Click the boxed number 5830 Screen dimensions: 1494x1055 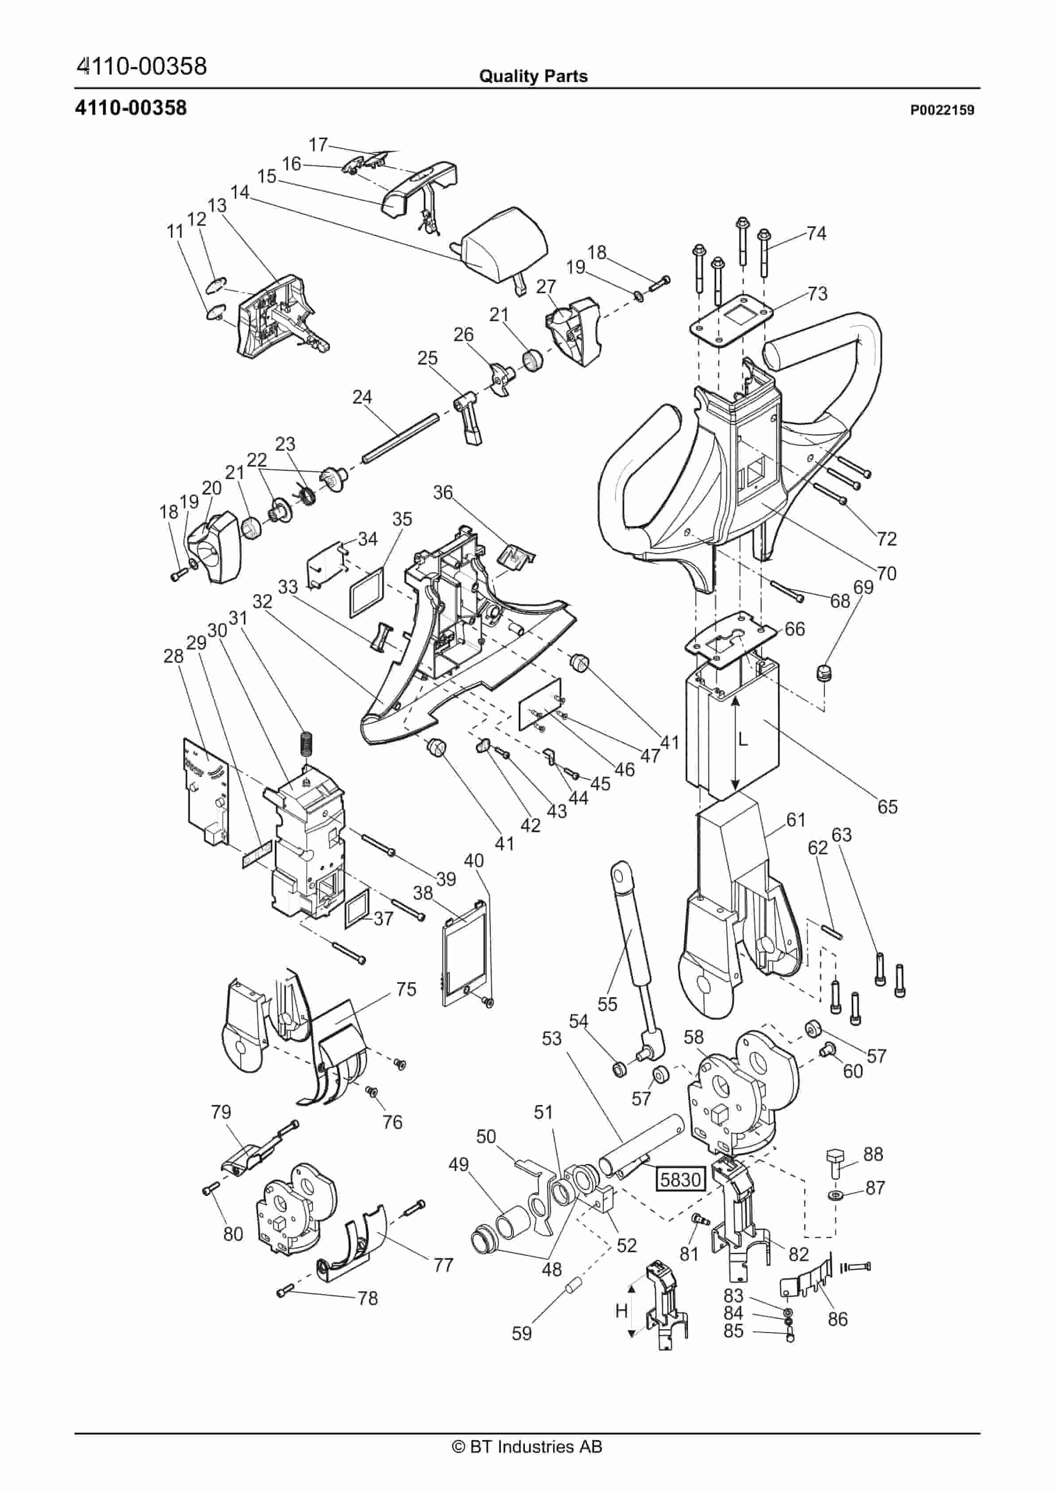680,1179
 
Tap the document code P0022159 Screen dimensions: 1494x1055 942,110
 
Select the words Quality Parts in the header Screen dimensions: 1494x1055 533,76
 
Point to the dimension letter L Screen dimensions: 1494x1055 743,740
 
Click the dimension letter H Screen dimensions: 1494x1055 621,1310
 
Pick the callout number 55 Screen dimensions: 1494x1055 607,1004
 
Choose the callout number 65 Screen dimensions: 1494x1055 887,807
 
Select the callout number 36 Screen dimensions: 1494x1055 442,492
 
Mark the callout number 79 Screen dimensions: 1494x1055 221,1111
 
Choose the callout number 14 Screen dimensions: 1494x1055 239,192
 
